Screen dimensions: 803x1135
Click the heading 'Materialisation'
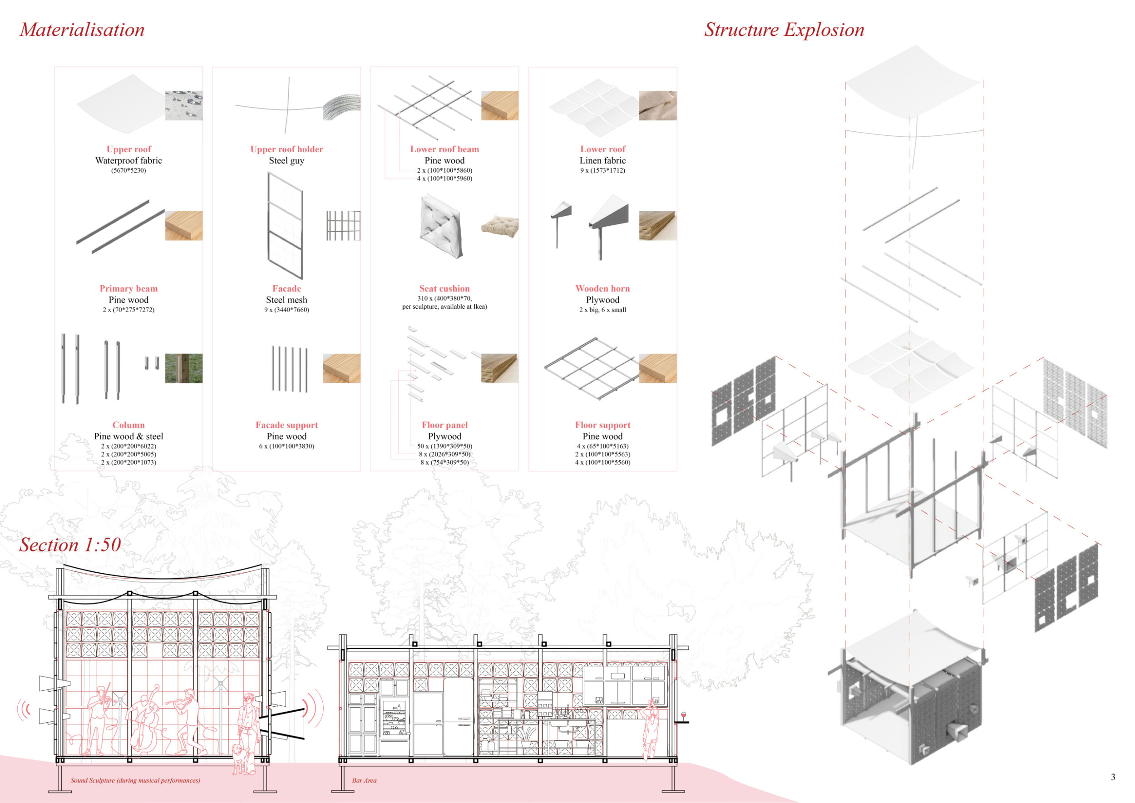coord(82,30)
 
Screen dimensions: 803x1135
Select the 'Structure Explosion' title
coord(784,30)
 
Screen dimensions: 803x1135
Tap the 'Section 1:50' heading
coord(70,545)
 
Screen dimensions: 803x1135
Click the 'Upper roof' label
coord(128,149)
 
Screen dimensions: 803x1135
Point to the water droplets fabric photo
coord(183,105)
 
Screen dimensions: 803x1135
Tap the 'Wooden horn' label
coord(602,288)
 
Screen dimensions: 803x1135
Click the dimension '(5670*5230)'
coord(128,170)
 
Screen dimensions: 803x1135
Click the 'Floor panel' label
coord(444,425)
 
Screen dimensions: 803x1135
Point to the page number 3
coord(1113,777)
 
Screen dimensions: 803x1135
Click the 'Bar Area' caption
coord(364,780)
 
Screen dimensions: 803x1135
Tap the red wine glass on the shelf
coord(684,716)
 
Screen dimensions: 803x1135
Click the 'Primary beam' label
coord(128,288)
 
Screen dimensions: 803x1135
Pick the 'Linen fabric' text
coord(602,160)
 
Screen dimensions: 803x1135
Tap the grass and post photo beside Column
coord(183,368)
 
